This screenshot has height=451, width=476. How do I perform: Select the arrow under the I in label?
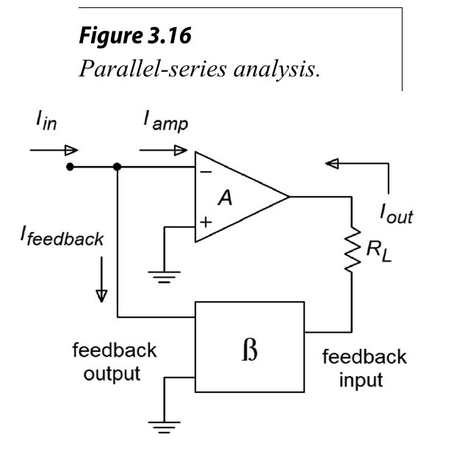tap(46, 149)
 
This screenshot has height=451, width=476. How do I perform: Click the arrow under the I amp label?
tap(163, 149)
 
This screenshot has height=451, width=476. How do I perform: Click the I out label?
tap(396, 214)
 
